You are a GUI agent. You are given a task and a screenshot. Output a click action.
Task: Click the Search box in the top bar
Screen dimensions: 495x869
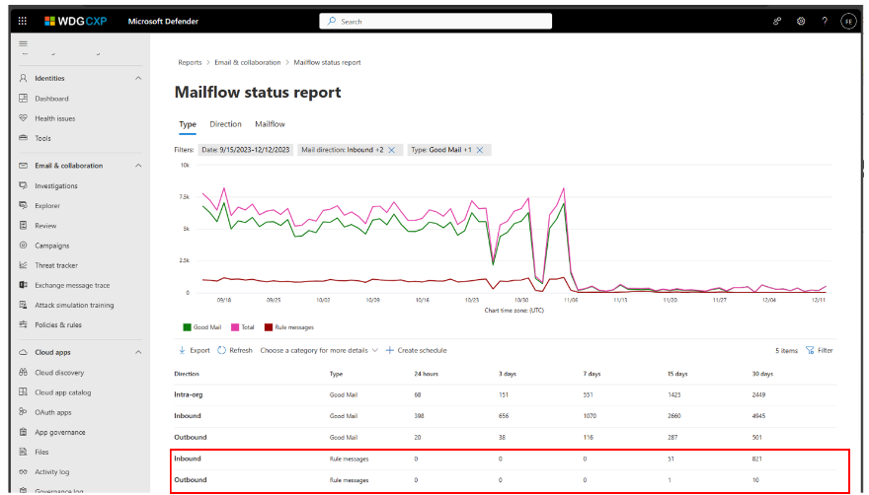[x=434, y=21]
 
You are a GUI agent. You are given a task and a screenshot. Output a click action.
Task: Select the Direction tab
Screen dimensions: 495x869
[x=225, y=124]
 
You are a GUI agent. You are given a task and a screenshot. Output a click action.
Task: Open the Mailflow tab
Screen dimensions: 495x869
[x=270, y=124]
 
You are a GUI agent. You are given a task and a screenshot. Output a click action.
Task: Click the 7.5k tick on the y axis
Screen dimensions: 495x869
[x=183, y=197]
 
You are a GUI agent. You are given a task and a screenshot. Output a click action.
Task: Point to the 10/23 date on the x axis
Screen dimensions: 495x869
[x=471, y=299]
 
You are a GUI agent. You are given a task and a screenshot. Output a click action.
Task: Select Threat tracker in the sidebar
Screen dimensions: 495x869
[x=55, y=265]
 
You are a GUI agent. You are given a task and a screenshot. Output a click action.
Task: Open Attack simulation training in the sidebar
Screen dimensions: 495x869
[x=73, y=305]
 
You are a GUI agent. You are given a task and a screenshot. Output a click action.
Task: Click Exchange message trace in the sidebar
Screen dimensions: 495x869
[x=71, y=285]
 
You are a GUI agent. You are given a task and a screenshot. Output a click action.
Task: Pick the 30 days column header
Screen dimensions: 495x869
[x=762, y=375]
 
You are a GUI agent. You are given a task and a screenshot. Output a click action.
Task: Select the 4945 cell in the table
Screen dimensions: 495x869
[x=759, y=416]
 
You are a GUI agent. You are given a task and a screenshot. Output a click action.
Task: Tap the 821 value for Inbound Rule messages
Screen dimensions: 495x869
[x=757, y=459]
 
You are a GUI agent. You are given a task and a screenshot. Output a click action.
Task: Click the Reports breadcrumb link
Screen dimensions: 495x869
[x=190, y=62]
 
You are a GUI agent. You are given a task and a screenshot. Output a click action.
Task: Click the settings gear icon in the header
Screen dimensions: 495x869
[x=801, y=21]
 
